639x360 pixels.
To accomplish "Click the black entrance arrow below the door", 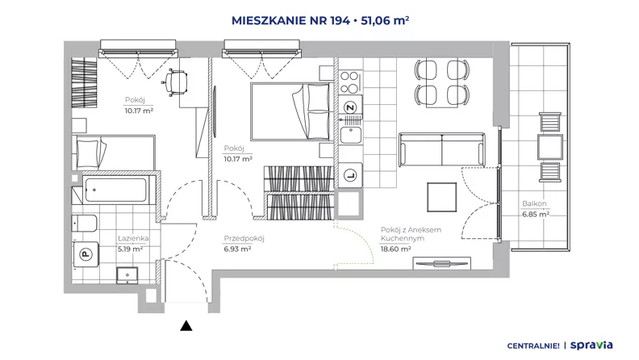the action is (x=186, y=325).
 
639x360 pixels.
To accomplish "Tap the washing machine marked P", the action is (x=86, y=254).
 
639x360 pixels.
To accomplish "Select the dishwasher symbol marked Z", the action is (x=350, y=107).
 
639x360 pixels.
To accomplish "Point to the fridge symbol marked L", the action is (x=350, y=176).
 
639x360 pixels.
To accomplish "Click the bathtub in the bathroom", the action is (x=115, y=190).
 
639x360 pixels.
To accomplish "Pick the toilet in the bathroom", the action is (x=85, y=224).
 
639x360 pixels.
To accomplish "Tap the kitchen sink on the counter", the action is (x=350, y=135).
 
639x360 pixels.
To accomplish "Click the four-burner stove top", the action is (x=349, y=82).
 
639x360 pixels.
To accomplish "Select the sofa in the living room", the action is (x=442, y=149).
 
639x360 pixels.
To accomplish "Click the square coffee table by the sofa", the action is (x=442, y=197).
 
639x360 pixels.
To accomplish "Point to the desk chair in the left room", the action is (x=175, y=82).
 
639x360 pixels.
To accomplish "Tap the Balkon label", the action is (x=534, y=203).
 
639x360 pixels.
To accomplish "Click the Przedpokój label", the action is (x=244, y=238).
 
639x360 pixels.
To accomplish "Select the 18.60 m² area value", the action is (x=395, y=249).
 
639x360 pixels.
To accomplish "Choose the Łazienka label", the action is (x=133, y=238).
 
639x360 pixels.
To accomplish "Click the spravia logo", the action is (x=591, y=345).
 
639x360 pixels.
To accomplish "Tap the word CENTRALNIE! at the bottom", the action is (x=533, y=346).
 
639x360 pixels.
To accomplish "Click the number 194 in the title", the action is (x=340, y=20).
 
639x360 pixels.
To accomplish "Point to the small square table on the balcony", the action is (x=549, y=147).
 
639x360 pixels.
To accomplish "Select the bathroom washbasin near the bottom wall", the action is (x=127, y=275).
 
